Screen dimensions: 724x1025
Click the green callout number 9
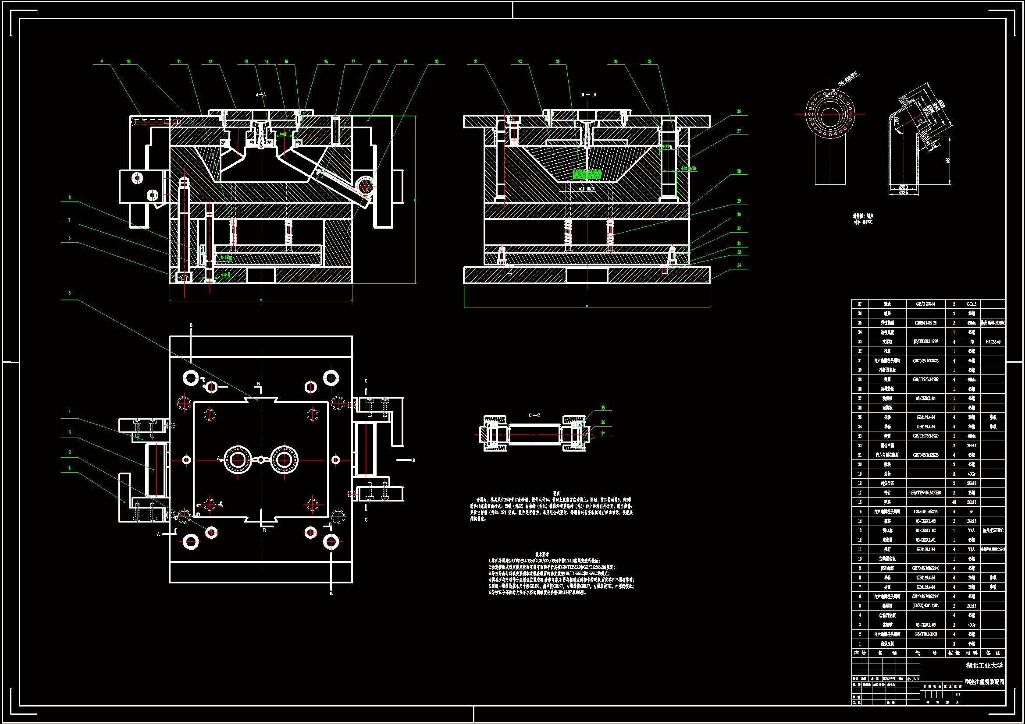102,62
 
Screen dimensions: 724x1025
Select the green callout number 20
436,62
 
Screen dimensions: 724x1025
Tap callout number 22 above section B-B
520,62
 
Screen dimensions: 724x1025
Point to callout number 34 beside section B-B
739,265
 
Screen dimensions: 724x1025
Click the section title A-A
261,95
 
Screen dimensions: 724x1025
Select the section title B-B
588,95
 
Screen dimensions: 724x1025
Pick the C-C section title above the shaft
534,415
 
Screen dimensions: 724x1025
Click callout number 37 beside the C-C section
603,433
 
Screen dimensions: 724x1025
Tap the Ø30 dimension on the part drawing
903,187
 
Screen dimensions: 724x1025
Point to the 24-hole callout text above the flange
847,79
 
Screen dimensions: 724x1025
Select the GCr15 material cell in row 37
971,304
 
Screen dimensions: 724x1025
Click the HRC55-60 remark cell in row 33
993,342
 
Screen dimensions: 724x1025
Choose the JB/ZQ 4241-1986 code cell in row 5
925,606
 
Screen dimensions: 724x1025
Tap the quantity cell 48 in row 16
954,502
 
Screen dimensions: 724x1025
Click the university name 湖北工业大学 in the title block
984,665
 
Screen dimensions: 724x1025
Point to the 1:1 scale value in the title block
957,694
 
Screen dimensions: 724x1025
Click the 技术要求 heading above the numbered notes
542,554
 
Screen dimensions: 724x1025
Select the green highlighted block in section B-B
586,174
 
